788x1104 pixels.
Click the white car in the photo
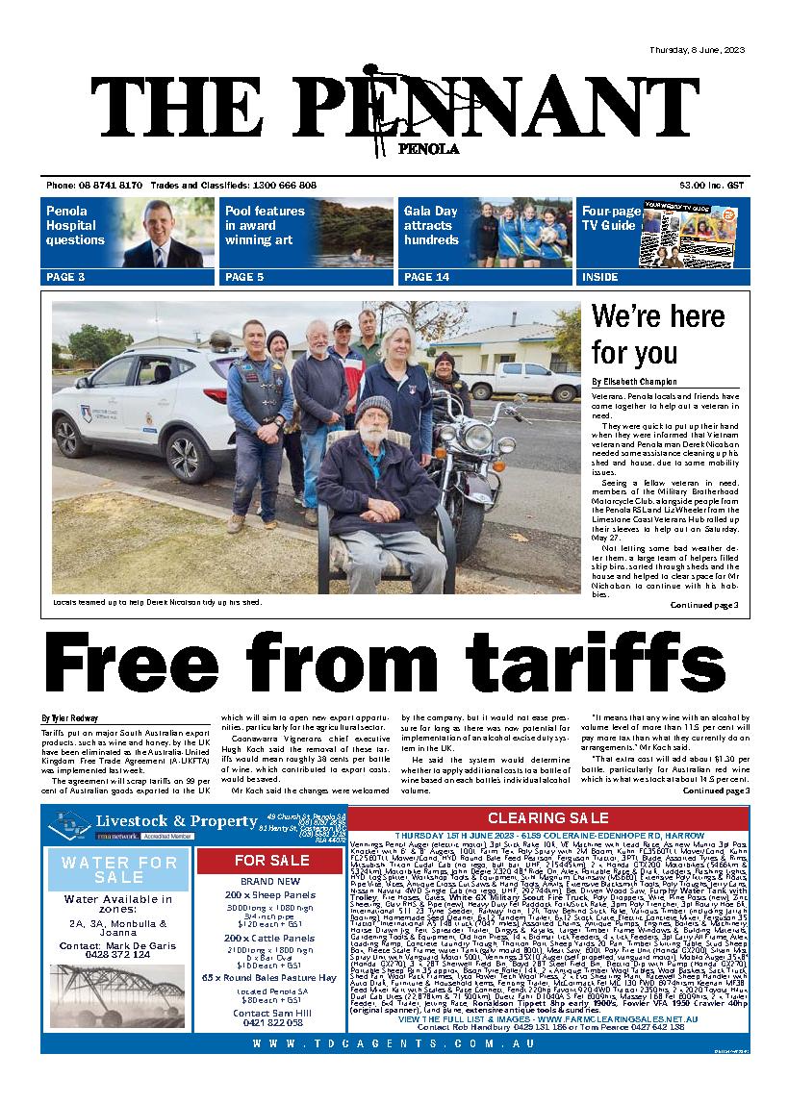[144, 404]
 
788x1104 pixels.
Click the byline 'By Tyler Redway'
[70, 718]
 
